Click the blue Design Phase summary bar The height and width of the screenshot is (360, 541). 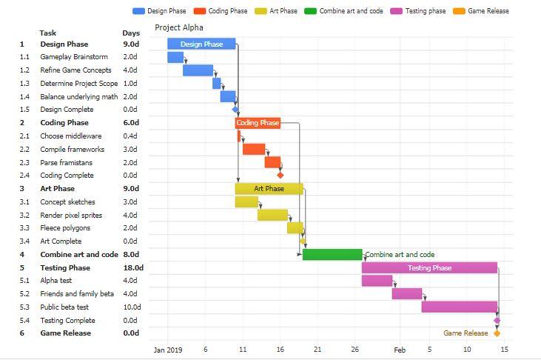pyautogui.click(x=201, y=44)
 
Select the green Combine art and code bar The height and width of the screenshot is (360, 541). pyautogui.click(x=332, y=255)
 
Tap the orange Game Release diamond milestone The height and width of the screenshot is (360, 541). pyautogui.click(x=497, y=333)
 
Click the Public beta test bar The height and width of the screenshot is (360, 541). pyautogui.click(x=460, y=307)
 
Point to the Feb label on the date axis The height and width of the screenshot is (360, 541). pyautogui.click(x=400, y=350)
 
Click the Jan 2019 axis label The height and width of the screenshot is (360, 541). pyautogui.click(x=168, y=350)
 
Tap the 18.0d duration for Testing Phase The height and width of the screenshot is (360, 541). pyautogui.click(x=133, y=268)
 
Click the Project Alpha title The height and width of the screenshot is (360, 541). pyautogui.click(x=179, y=27)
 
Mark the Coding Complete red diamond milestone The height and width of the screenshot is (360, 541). pyautogui.click(x=280, y=176)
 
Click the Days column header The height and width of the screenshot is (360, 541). pyautogui.click(x=131, y=33)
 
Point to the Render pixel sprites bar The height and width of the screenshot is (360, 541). pyautogui.click(x=272, y=216)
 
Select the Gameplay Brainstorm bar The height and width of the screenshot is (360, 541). pyautogui.click(x=175, y=57)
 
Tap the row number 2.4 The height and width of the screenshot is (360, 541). pyautogui.click(x=24, y=176)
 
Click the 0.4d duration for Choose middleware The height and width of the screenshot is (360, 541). pyautogui.click(x=130, y=136)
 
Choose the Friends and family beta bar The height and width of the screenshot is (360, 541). pyautogui.click(x=407, y=294)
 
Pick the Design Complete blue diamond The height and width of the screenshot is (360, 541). pyautogui.click(x=235, y=110)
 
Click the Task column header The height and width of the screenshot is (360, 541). pyautogui.click(x=48, y=33)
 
